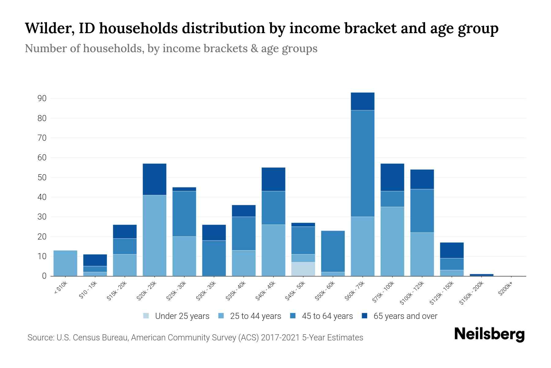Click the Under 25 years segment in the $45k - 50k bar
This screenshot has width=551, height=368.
303,269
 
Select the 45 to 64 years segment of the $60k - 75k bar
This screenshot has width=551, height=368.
362,163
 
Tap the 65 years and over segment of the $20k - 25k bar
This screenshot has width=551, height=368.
155,179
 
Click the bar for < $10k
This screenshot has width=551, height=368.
65,263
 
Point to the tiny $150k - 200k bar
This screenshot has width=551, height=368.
481,275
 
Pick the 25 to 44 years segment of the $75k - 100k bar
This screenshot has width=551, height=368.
392,241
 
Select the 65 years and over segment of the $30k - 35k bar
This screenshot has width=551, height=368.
214,232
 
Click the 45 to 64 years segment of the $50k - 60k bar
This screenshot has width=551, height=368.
333,251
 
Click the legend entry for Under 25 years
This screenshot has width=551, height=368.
182,316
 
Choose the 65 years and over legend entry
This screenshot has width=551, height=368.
405,316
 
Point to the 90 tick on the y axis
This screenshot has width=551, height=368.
42,98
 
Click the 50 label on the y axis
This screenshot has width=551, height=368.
42,178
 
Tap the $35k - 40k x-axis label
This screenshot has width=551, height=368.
236,291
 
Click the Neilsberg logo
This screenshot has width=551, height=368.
489,334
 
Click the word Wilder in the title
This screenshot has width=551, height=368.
49,28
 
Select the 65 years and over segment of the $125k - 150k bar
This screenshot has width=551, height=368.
452,250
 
